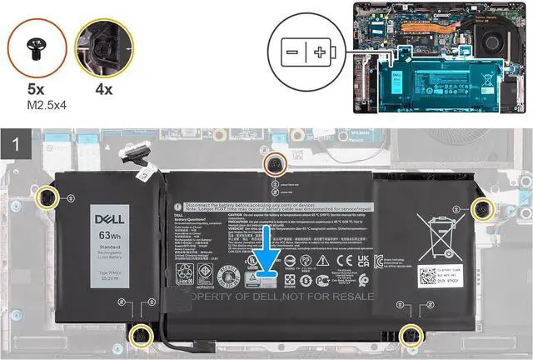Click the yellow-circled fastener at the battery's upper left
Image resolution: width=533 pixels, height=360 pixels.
[47, 197]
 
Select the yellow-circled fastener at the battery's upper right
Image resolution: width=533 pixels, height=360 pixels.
[481, 207]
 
